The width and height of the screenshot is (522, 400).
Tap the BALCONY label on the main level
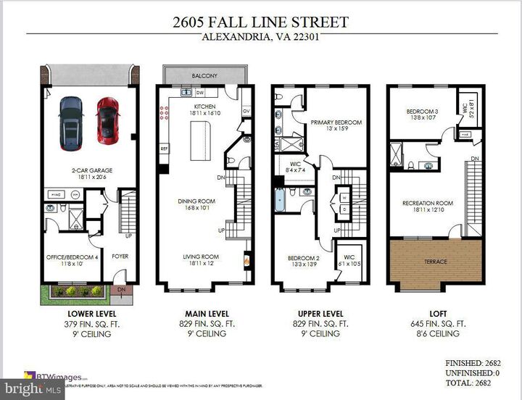[x=203, y=74]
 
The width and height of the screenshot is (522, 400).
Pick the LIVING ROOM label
[x=200, y=257]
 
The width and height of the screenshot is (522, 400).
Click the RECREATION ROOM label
[x=428, y=204]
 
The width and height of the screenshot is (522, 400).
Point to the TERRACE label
[x=436, y=262]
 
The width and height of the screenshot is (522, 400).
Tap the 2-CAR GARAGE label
[x=91, y=171]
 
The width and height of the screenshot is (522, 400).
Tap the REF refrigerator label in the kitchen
[x=165, y=149]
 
